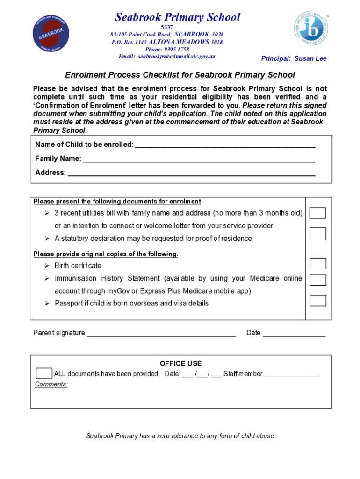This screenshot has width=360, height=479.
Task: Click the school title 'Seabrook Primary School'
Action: click(x=178, y=18)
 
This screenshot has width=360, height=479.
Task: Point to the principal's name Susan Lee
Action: click(x=310, y=58)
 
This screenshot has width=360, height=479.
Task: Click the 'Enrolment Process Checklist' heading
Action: click(x=180, y=75)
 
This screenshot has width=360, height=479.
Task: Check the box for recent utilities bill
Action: click(x=318, y=213)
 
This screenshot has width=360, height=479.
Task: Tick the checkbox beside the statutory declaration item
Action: click(x=318, y=234)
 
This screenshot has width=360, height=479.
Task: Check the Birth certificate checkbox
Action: click(x=318, y=263)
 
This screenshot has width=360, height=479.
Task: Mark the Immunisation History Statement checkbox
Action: click(x=318, y=280)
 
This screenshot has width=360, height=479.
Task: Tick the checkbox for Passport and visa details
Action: click(x=318, y=300)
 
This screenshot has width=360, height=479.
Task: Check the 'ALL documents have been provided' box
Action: click(x=44, y=373)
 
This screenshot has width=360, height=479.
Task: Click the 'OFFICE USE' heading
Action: click(x=180, y=363)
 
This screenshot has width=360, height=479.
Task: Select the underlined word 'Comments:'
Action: click(x=51, y=384)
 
